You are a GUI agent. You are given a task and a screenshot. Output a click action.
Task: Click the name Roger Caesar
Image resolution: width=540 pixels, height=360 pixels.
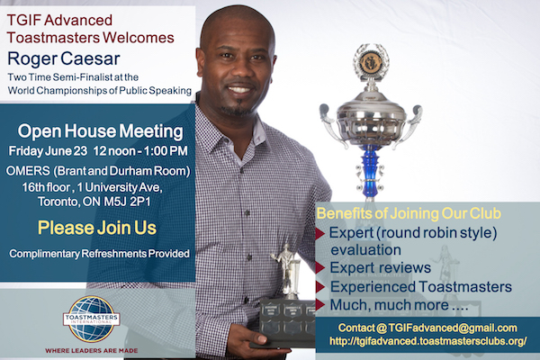pos(64,58)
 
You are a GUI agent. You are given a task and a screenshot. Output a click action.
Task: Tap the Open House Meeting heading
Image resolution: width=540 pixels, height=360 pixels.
pos(100,131)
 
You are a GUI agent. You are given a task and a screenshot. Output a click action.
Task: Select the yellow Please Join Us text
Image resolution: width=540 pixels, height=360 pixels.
pos(97,228)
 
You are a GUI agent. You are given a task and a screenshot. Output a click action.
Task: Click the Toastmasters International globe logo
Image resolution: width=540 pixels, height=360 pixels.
pos(91,319)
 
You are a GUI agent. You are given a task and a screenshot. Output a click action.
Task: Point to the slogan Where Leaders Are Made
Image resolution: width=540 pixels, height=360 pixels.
pos(92,351)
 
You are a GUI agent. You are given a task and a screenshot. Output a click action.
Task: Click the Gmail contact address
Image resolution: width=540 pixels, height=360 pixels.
pos(427,328)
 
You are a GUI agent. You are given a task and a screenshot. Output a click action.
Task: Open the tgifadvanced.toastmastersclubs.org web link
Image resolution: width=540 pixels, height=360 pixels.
pos(428,341)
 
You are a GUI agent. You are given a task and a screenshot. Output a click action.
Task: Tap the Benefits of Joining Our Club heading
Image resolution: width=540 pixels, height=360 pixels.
pos(409,213)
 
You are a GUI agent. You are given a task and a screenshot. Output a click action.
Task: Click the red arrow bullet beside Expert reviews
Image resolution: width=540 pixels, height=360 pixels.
pos(319,267)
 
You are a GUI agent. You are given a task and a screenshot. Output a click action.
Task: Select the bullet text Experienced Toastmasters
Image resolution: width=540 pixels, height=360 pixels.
pos(421,286)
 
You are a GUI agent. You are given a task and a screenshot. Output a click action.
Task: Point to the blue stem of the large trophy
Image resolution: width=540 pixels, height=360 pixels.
pos(370,171)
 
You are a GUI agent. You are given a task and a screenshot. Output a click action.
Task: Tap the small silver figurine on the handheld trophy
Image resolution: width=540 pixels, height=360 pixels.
pos(287,270)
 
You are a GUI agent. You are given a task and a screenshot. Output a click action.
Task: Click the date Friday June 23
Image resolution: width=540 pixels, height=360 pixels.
pos(48,151)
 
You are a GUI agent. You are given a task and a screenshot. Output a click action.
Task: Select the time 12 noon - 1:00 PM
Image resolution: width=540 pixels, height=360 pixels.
pos(140,151)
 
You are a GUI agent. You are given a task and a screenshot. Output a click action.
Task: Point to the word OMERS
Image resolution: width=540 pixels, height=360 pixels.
pos(28,171)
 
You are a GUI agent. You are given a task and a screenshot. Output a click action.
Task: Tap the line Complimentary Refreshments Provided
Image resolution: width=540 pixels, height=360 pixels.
pos(99,254)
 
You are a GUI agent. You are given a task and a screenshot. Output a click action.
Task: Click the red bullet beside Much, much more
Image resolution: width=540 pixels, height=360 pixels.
pos(319,304)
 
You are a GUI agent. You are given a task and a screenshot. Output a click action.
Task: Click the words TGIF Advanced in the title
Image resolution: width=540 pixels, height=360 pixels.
pos(59,20)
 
